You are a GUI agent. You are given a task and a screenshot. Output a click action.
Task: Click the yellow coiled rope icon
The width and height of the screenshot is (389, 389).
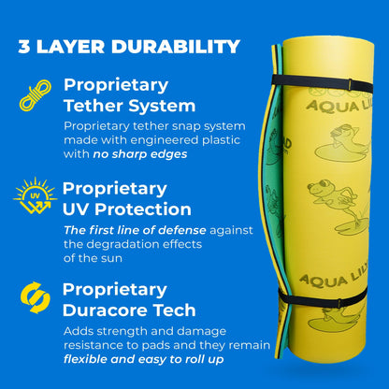click(x=35, y=95)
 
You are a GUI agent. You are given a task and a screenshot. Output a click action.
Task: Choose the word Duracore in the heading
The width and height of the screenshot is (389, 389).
click(x=108, y=309)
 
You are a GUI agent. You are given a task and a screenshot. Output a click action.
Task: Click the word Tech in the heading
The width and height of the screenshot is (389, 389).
click(x=177, y=309)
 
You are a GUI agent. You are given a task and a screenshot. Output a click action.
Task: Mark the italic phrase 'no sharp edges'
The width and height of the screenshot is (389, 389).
click(x=139, y=154)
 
